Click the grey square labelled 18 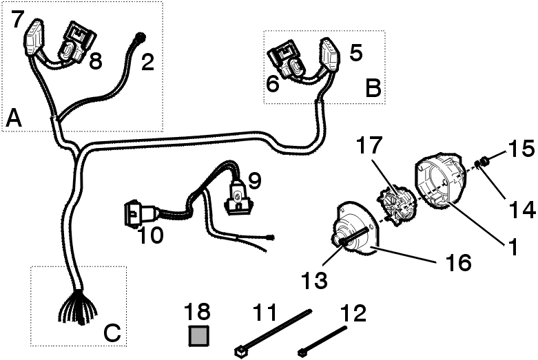[199, 335]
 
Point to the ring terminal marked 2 [141, 37]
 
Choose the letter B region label [373, 89]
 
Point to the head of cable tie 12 [302, 352]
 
